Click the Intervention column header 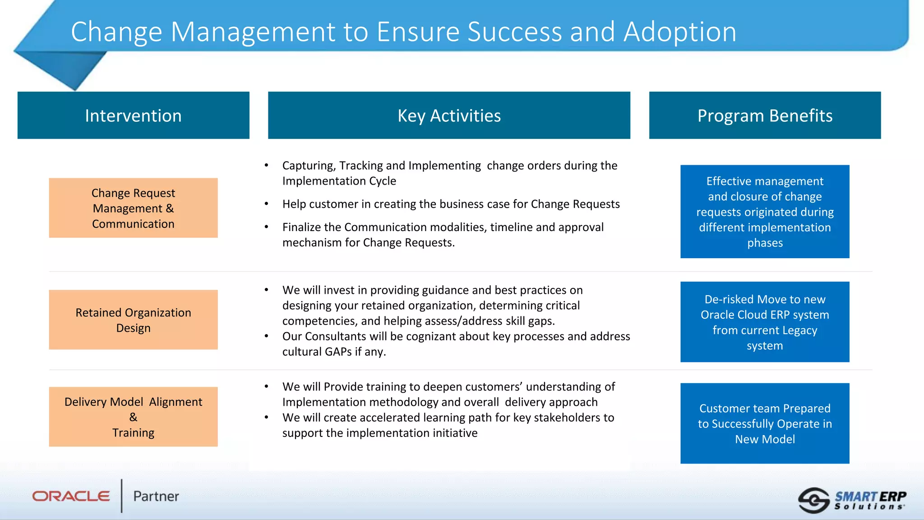pyautogui.click(x=133, y=116)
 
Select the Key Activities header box pyautogui.click(x=449, y=116)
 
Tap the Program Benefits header pyautogui.click(x=765, y=116)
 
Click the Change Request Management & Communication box pyautogui.click(x=133, y=208)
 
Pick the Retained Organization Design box pyautogui.click(x=133, y=320)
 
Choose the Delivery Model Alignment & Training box pyautogui.click(x=133, y=417)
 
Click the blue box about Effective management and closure pyautogui.click(x=765, y=212)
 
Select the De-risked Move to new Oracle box pyautogui.click(x=765, y=322)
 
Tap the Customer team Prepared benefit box pyautogui.click(x=765, y=423)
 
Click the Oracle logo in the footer pyautogui.click(x=71, y=496)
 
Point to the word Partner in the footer pyautogui.click(x=156, y=496)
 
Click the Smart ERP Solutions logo pyautogui.click(x=852, y=500)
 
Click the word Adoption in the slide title pyautogui.click(x=680, y=32)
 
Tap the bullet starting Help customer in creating pyautogui.click(x=451, y=204)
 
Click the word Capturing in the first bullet pyautogui.click(x=309, y=166)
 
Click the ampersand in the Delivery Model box pyautogui.click(x=133, y=417)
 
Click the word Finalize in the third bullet pyautogui.click(x=301, y=227)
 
